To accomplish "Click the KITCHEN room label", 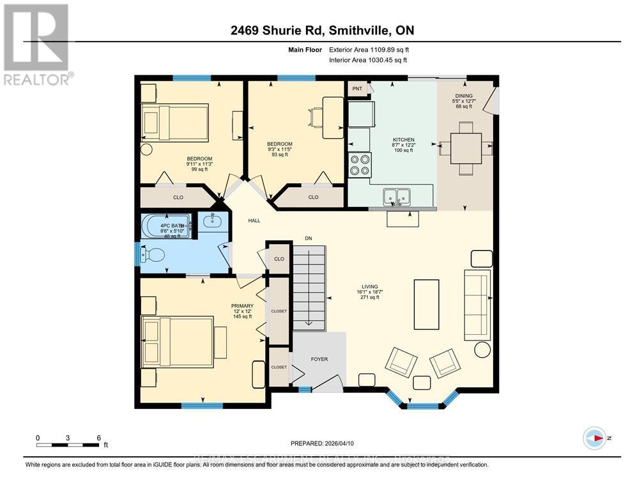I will coord(403,139).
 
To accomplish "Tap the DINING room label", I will coord(464,96).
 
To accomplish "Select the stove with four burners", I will coord(360,164).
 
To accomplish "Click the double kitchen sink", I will coord(397,197).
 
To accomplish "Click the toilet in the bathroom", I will coord(153,256).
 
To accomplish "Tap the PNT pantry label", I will coord(357,89).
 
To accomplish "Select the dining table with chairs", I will coord(465,148).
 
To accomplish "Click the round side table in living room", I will coord(482,349).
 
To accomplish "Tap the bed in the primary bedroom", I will coord(177,342).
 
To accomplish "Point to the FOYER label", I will coord(319,359).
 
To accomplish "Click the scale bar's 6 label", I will coord(98,438).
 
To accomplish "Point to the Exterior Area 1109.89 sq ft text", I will coord(367,49).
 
